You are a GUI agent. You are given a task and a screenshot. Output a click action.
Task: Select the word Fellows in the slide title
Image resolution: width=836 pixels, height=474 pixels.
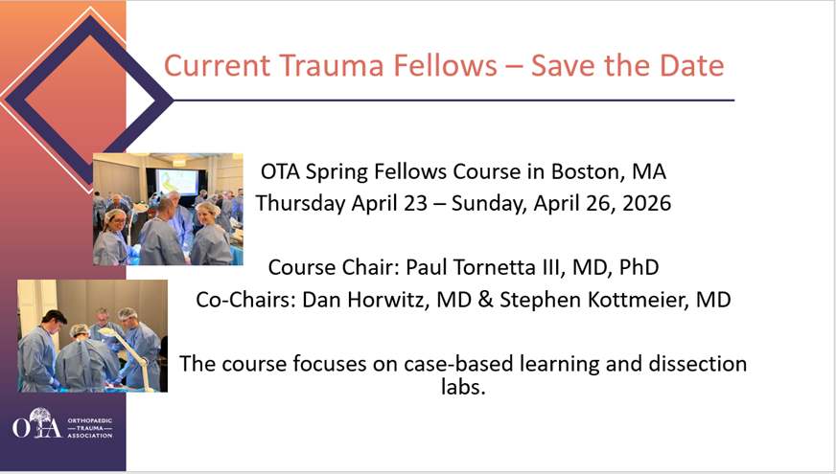click(445, 65)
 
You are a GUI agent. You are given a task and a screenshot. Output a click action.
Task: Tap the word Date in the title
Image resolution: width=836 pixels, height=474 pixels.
click(691, 65)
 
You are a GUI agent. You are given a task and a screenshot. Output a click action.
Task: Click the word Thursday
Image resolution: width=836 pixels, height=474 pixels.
click(301, 203)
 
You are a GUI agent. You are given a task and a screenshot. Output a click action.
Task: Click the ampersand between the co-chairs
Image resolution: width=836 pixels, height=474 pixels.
click(486, 300)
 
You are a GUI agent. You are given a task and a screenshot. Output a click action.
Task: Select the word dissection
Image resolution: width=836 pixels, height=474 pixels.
click(697, 364)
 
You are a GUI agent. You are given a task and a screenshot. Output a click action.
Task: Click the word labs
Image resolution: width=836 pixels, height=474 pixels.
click(463, 386)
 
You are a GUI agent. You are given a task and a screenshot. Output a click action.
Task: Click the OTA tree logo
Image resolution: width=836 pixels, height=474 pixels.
click(37, 423)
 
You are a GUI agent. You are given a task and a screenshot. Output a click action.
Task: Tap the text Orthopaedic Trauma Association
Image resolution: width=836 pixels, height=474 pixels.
click(89, 428)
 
